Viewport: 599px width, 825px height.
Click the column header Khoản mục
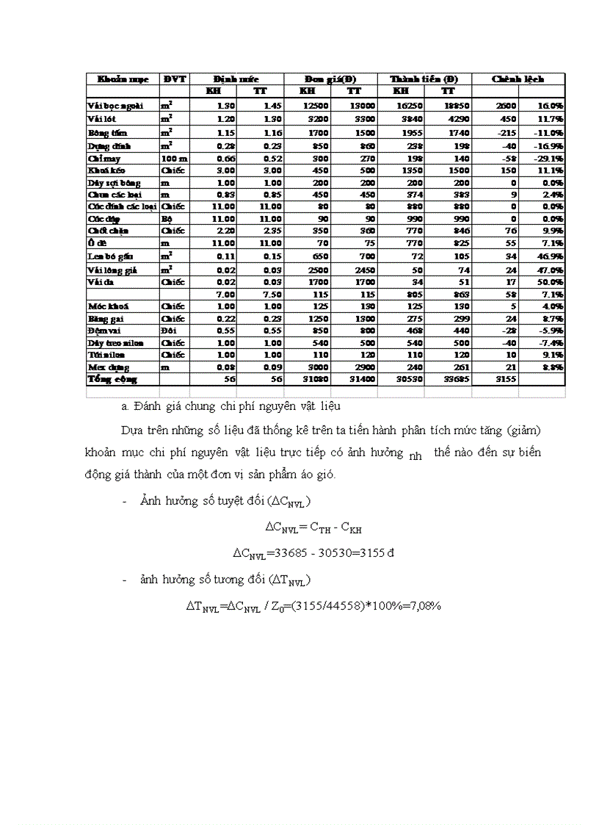(x=118, y=79)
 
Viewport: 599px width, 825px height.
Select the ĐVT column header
(x=175, y=79)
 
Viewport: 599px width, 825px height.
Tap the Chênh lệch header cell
(x=518, y=79)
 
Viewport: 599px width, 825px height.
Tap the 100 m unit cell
(x=174, y=157)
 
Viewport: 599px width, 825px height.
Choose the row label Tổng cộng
(x=112, y=379)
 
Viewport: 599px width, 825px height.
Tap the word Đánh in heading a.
(x=148, y=406)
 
